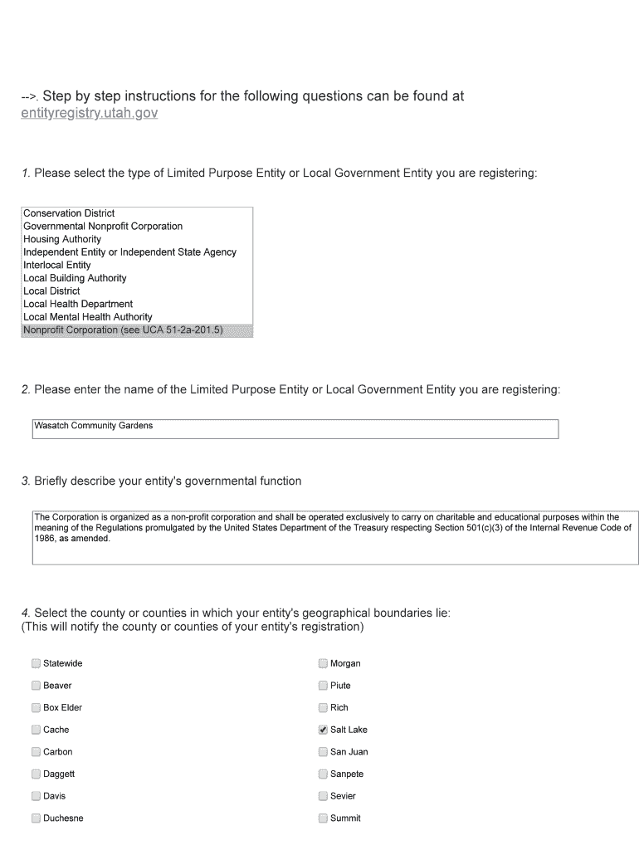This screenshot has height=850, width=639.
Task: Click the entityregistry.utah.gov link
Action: coord(89,113)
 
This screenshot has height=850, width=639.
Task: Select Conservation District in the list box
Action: coord(69,213)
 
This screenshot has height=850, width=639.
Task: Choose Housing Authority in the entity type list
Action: coord(62,239)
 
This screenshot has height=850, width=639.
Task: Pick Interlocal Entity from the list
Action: coord(57,265)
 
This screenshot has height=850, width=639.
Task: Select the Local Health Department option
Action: coord(78,304)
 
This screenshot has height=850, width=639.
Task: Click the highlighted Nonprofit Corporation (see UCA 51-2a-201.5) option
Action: coord(123,330)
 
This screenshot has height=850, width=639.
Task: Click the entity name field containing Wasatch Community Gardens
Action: coord(295,428)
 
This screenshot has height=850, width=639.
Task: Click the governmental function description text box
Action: coord(334,538)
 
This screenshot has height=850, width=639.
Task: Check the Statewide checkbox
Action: coord(36,663)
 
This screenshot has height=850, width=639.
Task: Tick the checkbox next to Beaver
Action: coord(36,686)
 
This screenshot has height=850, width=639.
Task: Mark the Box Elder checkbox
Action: coord(36,707)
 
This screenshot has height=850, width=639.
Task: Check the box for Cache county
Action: coord(36,730)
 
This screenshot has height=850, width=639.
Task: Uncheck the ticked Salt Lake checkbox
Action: coord(323,730)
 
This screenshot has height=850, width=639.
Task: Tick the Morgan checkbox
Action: coord(323,663)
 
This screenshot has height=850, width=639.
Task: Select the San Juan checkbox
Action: coord(323,752)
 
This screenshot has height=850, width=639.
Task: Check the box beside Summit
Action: coord(323,818)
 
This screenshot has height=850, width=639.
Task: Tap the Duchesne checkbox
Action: coord(36,818)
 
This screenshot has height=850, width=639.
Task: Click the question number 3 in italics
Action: coord(26,481)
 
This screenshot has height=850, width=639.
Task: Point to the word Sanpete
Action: coord(347,774)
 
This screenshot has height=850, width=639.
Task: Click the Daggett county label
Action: coord(59,774)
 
